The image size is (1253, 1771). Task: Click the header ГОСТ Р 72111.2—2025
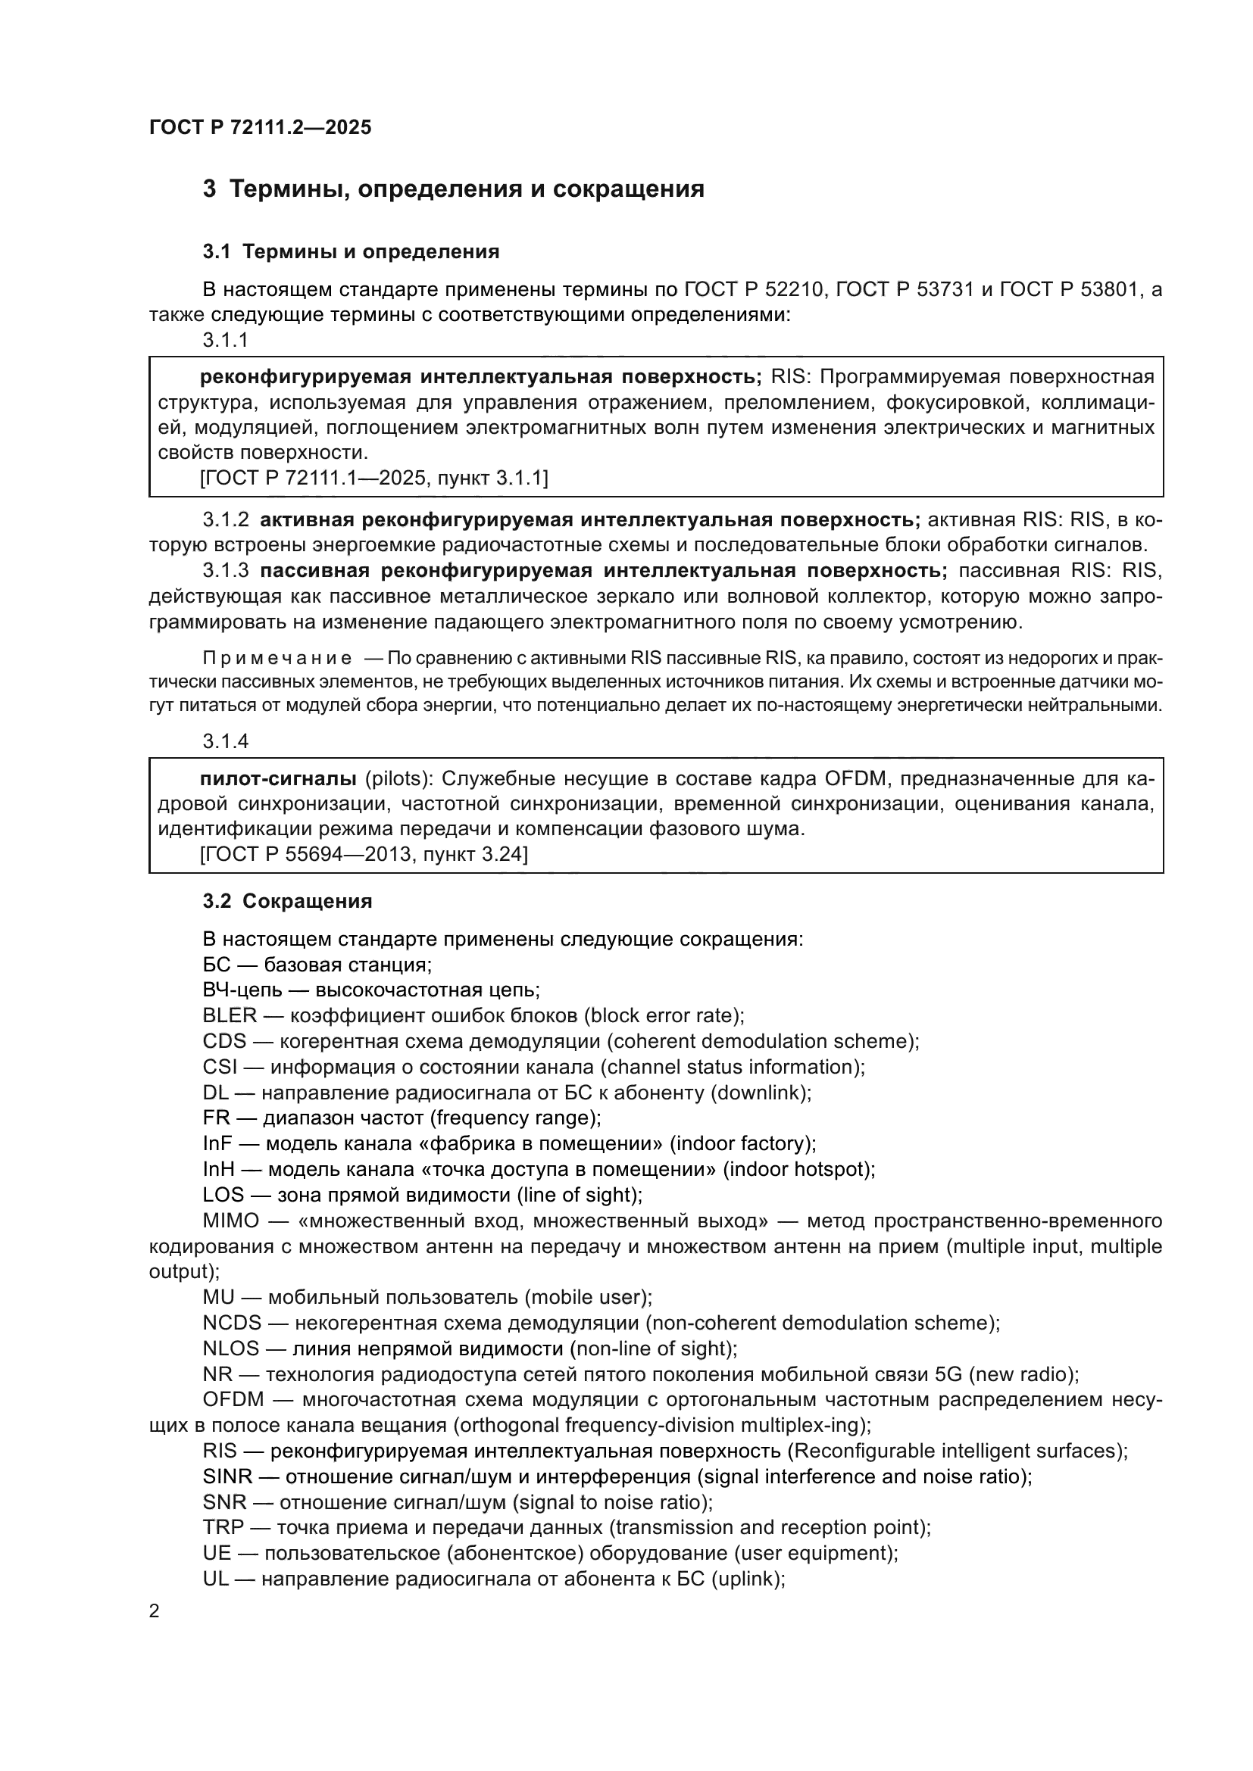tap(260, 127)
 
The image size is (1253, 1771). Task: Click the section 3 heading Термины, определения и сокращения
tap(453, 189)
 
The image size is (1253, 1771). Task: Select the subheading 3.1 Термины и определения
tap(351, 251)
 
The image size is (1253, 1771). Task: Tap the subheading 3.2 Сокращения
tap(287, 901)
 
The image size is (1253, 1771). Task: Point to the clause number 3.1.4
tap(225, 741)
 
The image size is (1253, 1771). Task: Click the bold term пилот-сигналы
tap(278, 778)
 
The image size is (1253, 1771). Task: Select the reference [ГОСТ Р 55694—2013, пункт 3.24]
tap(364, 854)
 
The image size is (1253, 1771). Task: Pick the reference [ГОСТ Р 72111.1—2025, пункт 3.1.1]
tap(373, 479)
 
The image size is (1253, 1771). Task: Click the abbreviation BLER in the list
tap(229, 1015)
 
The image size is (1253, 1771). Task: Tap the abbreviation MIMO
tap(231, 1221)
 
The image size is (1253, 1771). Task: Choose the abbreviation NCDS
tap(233, 1323)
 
